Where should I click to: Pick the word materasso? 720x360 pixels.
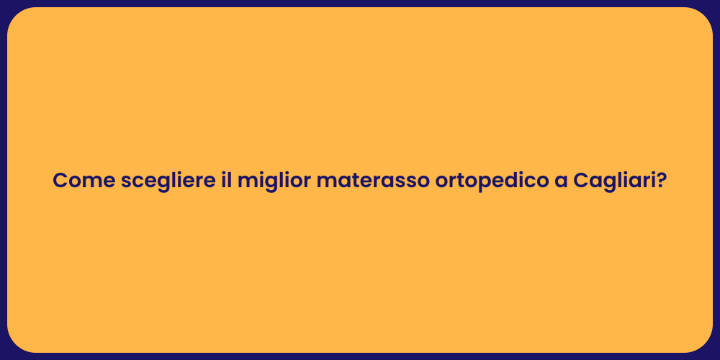pyautogui.click(x=370, y=181)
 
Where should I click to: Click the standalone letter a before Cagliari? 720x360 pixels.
pyautogui.click(x=561, y=182)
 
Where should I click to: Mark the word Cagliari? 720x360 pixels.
pyautogui.click(x=614, y=181)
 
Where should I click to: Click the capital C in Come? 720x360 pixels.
pyautogui.click(x=60, y=181)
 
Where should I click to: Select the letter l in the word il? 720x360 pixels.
pyautogui.click(x=230, y=180)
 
